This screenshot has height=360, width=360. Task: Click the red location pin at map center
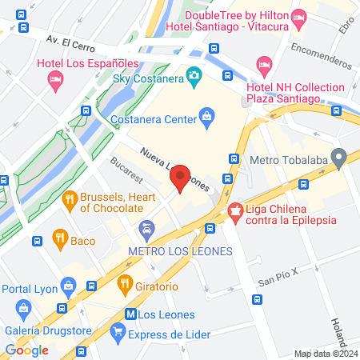click(x=181, y=177)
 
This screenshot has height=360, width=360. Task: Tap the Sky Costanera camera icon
click(x=193, y=76)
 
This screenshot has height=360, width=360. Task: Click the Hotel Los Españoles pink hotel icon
click(x=55, y=78)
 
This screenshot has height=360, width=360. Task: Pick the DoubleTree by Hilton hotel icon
click(x=299, y=16)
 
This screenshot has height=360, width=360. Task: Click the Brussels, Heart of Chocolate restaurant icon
click(x=70, y=199)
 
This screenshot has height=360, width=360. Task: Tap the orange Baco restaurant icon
click(x=59, y=237)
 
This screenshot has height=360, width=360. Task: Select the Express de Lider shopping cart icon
click(x=118, y=330)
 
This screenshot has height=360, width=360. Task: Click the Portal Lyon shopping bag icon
click(x=69, y=286)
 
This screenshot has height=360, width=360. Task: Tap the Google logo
click(x=27, y=350)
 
